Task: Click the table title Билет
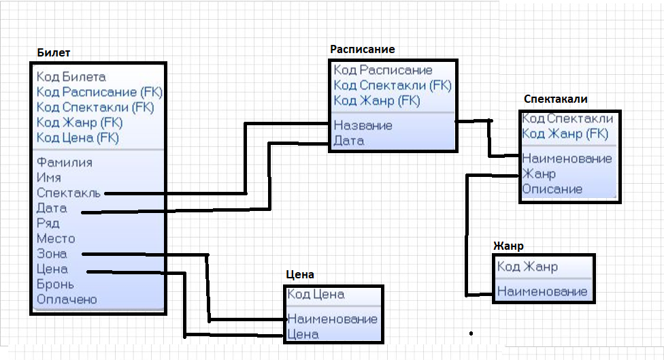click(53, 52)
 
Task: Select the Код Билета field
click(71, 77)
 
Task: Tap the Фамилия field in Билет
click(65, 163)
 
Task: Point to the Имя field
click(49, 178)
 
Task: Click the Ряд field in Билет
click(48, 223)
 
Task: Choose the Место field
click(56, 238)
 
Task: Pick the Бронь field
click(56, 284)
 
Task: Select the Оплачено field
click(67, 299)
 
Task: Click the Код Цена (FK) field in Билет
click(78, 137)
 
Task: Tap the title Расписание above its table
click(363, 49)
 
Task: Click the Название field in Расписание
click(363, 125)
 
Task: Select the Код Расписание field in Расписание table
click(383, 70)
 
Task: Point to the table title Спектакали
click(556, 99)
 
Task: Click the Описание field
click(552, 189)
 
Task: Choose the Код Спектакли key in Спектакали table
click(567, 118)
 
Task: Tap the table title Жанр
click(508, 246)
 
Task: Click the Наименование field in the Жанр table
click(542, 291)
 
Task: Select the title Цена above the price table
click(300, 274)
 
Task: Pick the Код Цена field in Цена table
click(316, 295)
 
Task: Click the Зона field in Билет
click(52, 254)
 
